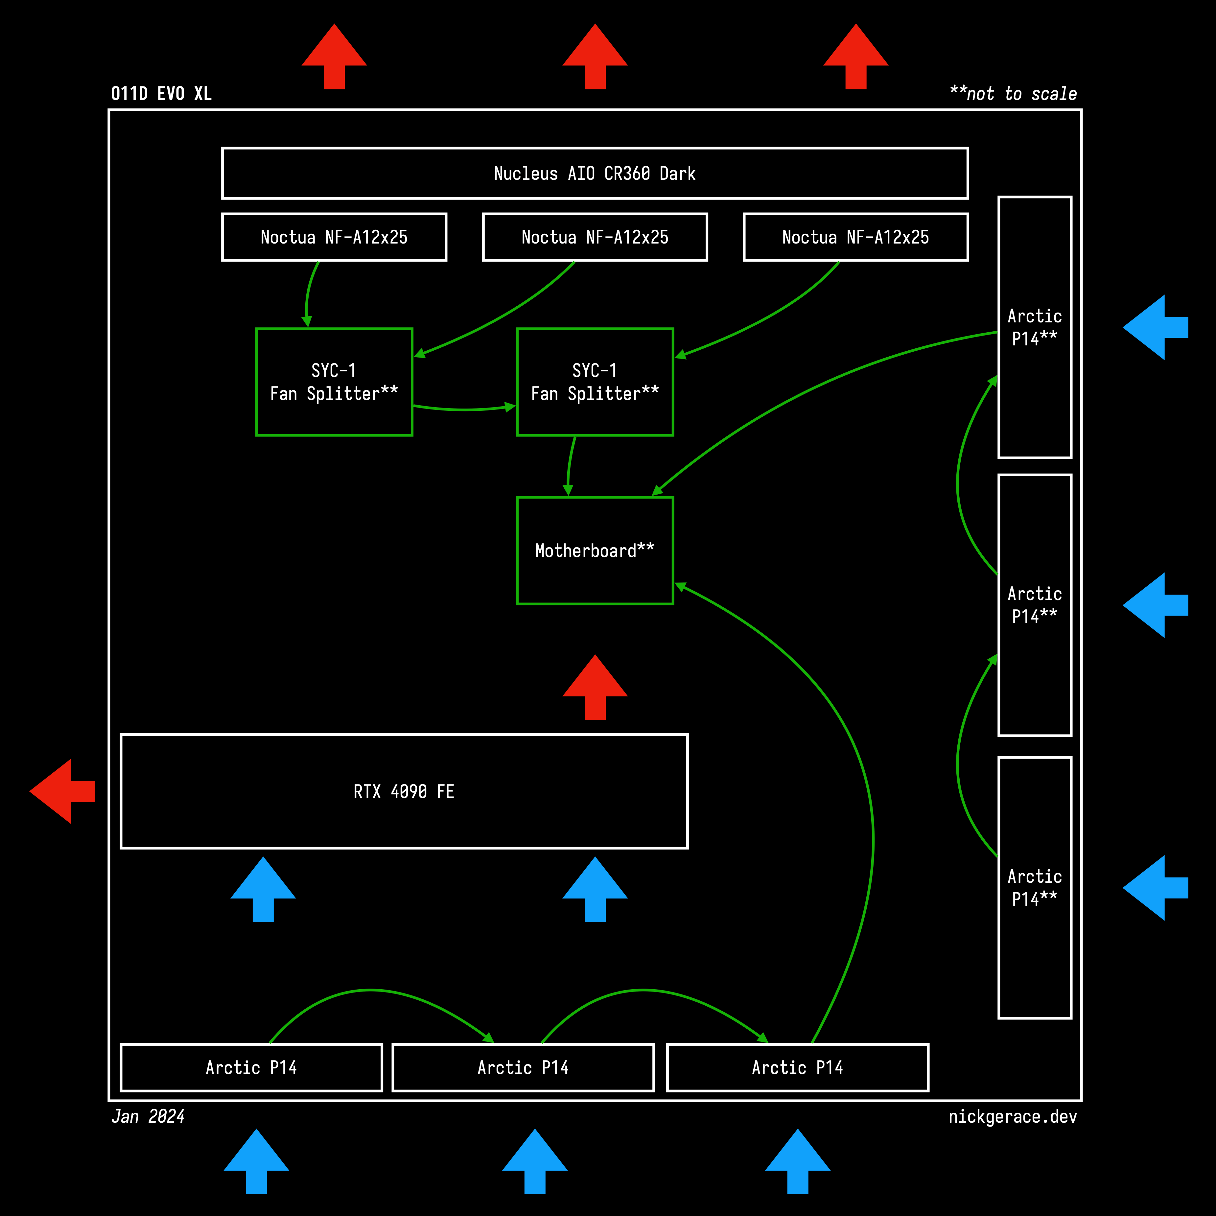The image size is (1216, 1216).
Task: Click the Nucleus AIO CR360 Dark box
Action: point(595,174)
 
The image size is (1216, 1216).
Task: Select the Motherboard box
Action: point(595,551)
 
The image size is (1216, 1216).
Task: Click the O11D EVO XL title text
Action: point(161,94)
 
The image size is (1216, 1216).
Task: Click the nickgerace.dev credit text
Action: point(1012,1116)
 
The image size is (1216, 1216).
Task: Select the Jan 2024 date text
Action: point(148,1116)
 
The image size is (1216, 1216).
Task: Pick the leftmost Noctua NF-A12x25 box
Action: point(334,237)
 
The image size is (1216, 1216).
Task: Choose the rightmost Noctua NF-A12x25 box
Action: point(855,237)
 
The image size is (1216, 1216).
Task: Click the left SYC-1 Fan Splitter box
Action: point(334,382)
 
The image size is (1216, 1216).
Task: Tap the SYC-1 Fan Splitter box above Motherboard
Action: point(595,382)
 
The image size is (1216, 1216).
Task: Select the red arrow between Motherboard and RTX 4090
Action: point(595,687)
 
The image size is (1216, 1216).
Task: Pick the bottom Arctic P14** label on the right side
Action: point(1034,887)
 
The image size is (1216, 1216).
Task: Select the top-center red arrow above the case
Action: point(595,57)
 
